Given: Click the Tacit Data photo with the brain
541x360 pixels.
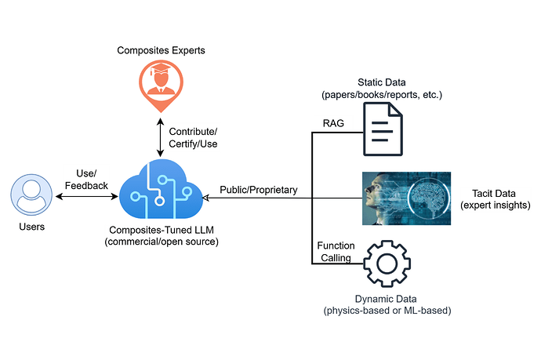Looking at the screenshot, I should coord(412,198).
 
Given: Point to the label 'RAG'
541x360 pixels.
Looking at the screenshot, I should coord(333,122).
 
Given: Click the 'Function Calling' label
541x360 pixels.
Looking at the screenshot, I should coord(336,251).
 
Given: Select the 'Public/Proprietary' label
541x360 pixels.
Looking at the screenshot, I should coord(258,189).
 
